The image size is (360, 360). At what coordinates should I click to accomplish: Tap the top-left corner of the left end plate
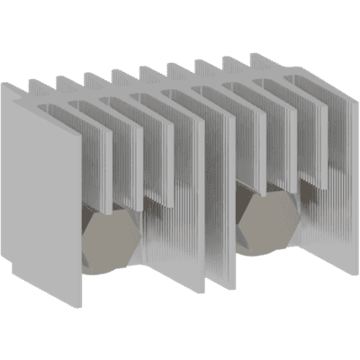pos(3,84)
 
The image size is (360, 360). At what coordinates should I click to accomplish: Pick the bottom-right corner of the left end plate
pos(83,306)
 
